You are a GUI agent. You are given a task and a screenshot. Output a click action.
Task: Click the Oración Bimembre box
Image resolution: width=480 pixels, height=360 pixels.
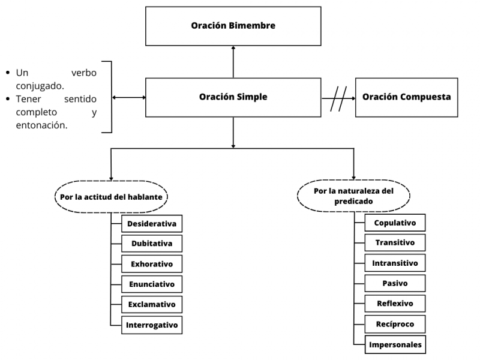point(233,26)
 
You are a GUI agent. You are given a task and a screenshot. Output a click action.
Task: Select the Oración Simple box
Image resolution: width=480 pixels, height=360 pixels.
point(233,97)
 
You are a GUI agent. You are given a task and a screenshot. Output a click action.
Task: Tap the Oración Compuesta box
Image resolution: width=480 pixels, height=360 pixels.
point(406,97)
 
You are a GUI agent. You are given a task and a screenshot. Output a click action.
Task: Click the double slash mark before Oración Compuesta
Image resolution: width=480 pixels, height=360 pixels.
point(339,97)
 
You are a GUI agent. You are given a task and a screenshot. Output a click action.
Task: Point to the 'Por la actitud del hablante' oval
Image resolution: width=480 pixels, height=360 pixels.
point(111,196)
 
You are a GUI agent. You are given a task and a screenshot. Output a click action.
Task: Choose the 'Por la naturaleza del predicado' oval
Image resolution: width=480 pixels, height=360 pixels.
point(353,196)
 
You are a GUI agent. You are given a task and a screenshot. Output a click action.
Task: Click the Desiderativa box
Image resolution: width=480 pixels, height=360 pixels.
point(152,224)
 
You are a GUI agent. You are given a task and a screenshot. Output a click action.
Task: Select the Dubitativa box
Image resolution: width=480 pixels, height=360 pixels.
point(152,244)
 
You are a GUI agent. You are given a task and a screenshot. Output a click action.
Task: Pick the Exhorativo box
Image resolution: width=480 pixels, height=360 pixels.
point(152,264)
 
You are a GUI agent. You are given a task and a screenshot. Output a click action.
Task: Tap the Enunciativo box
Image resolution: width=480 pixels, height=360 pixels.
point(152,284)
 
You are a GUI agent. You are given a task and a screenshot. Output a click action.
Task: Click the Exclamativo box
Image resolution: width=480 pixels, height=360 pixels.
point(152,304)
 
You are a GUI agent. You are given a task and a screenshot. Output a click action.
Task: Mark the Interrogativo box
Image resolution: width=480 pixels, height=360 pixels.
point(152,325)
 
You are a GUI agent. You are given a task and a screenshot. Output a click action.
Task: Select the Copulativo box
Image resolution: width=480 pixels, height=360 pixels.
point(395,223)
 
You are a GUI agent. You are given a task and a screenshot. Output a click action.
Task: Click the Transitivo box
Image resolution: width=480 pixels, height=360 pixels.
point(395,243)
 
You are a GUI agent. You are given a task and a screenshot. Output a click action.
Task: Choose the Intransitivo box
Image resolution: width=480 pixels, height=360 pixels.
point(395,263)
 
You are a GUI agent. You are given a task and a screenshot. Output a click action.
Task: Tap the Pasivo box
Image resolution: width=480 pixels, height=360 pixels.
point(395,283)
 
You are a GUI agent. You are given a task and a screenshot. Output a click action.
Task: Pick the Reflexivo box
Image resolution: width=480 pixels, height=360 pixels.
point(395,304)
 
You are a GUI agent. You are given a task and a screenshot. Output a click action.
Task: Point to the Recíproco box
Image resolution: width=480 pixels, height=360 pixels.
point(395,324)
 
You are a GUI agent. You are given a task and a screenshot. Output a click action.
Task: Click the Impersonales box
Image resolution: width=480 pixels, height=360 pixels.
point(395,344)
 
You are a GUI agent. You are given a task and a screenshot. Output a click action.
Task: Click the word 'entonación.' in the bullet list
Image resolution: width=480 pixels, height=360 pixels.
point(41,125)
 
